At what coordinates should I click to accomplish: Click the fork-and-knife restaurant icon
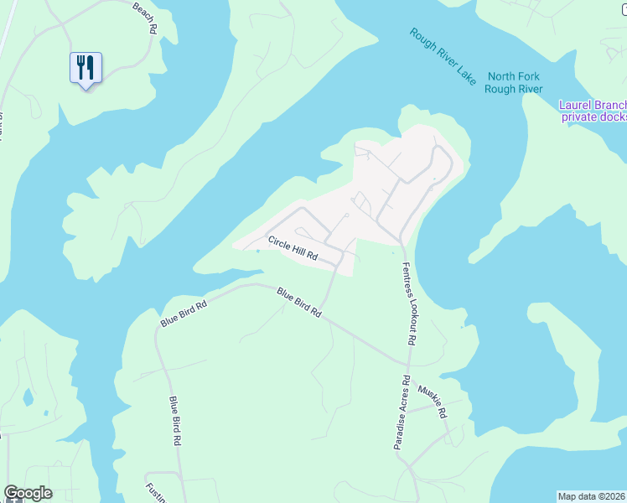[x=85, y=67]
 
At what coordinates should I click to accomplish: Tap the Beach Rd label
[x=145, y=18]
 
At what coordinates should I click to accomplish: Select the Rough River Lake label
[x=443, y=56]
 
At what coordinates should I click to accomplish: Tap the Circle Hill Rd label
[x=293, y=247]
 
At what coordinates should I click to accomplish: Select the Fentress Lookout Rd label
[x=408, y=304]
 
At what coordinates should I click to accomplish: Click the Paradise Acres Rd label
[x=402, y=412]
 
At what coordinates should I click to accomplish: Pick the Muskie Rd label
[x=433, y=402]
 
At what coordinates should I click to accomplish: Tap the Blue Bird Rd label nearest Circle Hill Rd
[x=299, y=302]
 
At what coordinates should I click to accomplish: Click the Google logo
[x=28, y=493]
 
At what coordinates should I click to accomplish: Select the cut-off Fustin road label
[x=153, y=490]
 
